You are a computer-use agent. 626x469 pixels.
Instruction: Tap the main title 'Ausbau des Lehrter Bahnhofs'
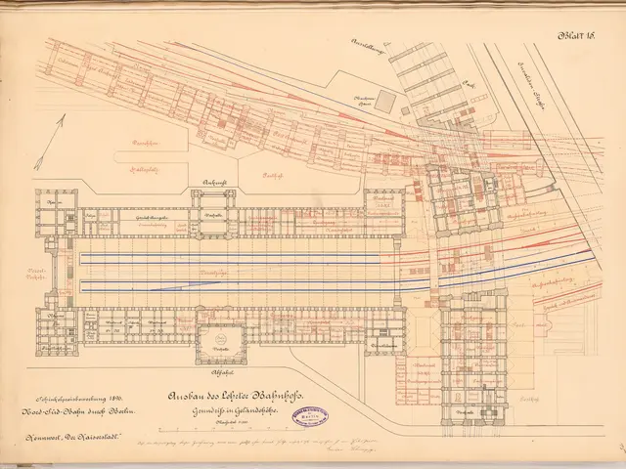coord(236,396)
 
